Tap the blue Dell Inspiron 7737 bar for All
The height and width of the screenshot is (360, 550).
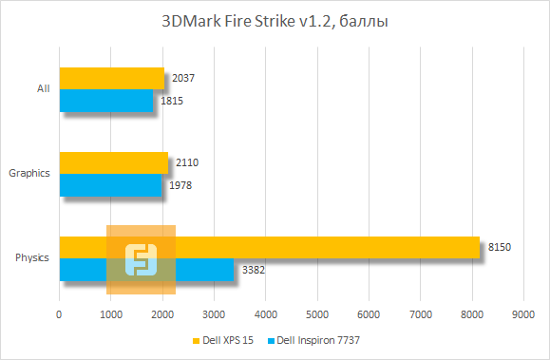(x=106, y=101)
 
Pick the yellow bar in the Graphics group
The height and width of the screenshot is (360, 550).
(x=114, y=162)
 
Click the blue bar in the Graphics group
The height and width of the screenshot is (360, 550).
(x=110, y=185)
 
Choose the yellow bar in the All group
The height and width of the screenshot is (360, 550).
(x=111, y=78)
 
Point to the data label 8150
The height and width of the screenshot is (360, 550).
(x=500, y=248)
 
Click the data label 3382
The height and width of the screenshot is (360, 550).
(x=254, y=270)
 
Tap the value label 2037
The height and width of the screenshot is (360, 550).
(x=184, y=78)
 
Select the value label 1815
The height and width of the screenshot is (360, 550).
(x=172, y=101)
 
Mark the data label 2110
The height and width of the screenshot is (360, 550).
(x=187, y=162)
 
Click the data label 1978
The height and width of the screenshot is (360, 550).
(x=180, y=185)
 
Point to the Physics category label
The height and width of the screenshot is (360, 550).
(x=32, y=258)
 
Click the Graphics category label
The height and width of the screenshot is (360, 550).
(x=28, y=174)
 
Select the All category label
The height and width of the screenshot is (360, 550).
(x=43, y=89)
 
